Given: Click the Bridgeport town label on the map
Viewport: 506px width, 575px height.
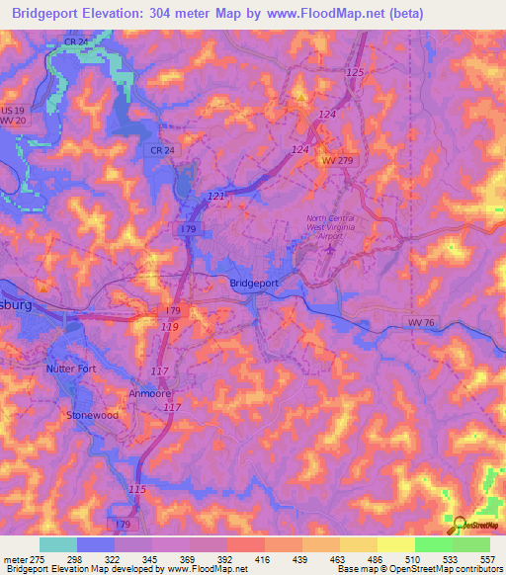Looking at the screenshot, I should [254, 283].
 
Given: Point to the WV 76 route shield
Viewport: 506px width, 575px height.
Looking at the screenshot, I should [421, 322].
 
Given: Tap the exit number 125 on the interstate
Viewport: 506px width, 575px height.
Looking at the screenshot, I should [356, 74].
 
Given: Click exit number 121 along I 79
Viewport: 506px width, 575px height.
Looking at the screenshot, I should [216, 197].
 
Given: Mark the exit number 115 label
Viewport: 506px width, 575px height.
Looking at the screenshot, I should [138, 490].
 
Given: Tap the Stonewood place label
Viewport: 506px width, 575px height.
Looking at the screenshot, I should [92, 416].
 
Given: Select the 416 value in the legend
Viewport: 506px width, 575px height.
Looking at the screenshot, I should [264, 557].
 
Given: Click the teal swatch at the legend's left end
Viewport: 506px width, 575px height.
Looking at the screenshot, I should [58, 543].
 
